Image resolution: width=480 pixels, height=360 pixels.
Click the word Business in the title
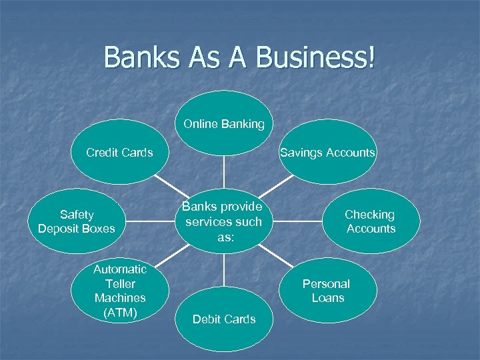pos(316,58)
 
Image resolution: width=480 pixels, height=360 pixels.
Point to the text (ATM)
pos(120,312)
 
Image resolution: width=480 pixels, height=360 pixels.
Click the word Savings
pos(300,153)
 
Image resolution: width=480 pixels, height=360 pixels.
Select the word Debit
pos(207,319)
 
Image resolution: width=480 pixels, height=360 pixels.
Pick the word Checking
pos(370,215)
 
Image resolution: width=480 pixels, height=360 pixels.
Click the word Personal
pos(326,283)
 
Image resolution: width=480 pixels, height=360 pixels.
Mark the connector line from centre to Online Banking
pos(224,167)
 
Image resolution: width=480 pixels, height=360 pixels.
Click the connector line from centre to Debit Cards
pos(224,271)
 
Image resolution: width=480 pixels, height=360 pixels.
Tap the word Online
pos(201,124)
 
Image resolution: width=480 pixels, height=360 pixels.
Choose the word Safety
pos(77,215)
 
